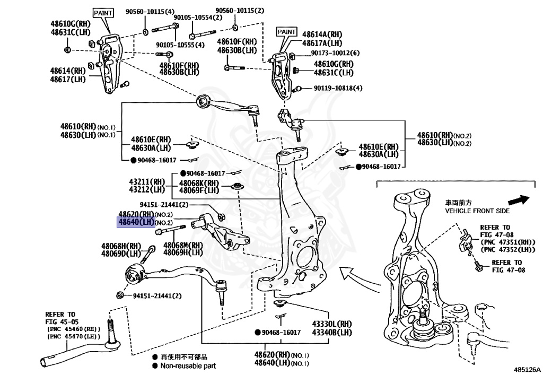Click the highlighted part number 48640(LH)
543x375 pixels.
136,222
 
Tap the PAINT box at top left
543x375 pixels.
103,12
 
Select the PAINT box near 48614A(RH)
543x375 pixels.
286,32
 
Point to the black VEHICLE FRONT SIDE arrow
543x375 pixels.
518,200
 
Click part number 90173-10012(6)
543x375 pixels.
335,53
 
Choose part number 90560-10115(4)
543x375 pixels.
150,11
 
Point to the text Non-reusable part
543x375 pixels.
188,365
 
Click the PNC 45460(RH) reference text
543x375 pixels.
74,329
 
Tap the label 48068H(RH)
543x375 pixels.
121,246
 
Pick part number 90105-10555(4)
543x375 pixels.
180,45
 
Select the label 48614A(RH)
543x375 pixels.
322,34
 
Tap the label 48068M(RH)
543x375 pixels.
183,245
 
